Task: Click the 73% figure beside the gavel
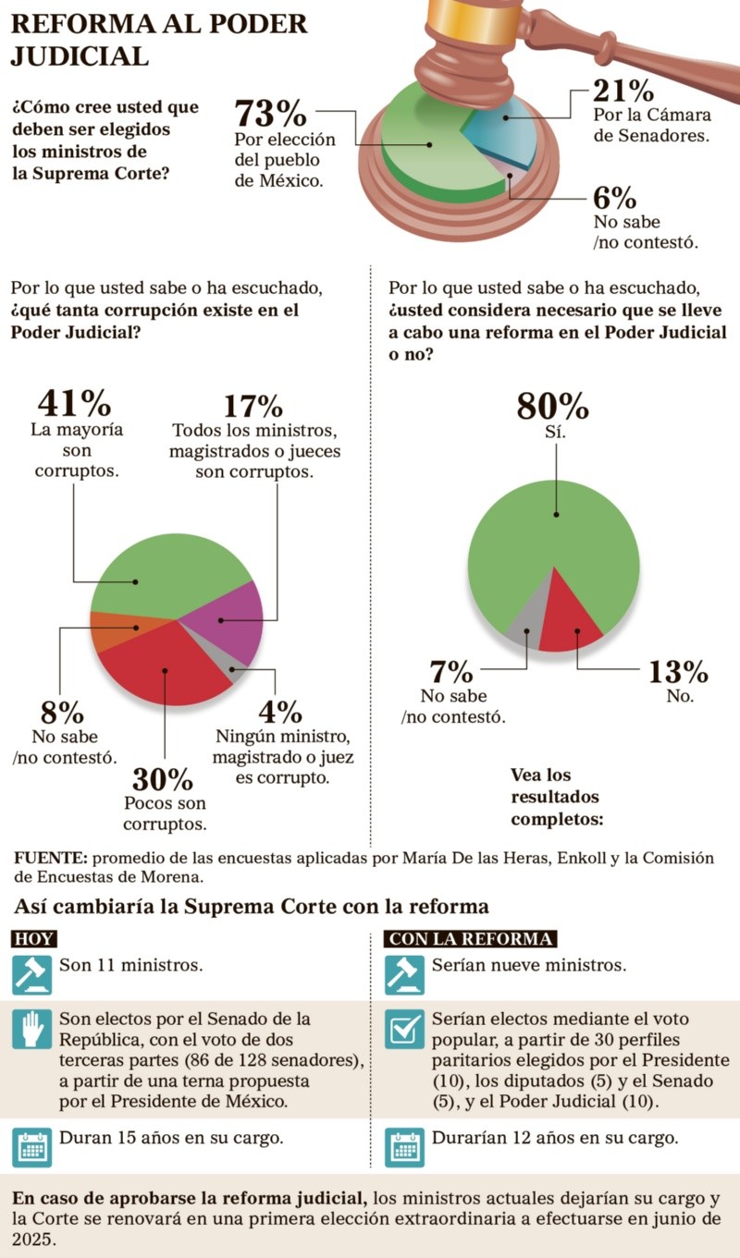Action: click(x=270, y=115)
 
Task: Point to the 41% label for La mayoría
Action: click(x=74, y=403)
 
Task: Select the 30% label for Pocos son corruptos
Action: click(x=163, y=779)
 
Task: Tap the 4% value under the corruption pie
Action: click(x=279, y=712)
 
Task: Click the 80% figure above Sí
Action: click(x=552, y=406)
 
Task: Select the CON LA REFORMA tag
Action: click(x=471, y=939)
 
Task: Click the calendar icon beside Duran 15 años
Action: click(x=31, y=1146)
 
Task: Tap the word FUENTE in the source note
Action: click(x=49, y=858)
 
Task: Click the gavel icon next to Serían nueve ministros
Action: click(x=403, y=974)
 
